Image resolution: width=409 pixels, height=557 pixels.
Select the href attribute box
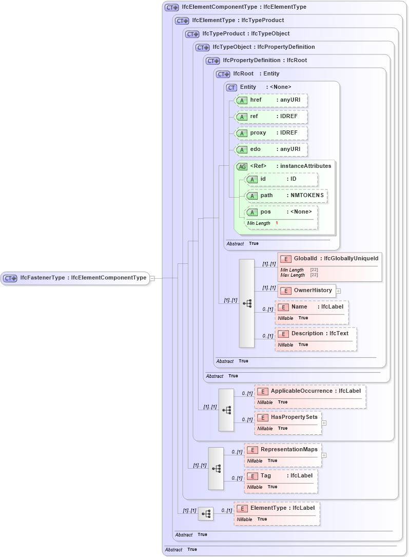tap(271, 100)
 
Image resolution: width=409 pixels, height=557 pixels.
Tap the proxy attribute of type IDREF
tap(271, 133)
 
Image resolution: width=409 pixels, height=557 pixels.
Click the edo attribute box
tap(271, 149)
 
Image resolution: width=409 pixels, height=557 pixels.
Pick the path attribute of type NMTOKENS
tap(286, 196)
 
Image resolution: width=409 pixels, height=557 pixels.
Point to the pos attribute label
tap(265, 212)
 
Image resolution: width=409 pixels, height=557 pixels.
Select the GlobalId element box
tap(329, 259)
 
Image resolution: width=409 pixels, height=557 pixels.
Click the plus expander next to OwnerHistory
tap(338, 291)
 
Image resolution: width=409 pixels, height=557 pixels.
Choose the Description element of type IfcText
tap(316, 334)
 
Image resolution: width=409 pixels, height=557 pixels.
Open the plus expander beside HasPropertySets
tap(324, 423)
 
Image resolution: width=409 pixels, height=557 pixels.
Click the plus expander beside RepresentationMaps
tap(324, 455)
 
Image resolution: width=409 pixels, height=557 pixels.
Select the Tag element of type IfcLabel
tap(280, 476)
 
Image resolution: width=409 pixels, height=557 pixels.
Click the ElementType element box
tap(277, 508)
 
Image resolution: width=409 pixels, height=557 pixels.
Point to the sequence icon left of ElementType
tap(206, 513)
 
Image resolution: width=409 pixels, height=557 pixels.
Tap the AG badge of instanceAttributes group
tap(241, 166)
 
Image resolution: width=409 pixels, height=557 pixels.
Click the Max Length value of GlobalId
tap(314, 275)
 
